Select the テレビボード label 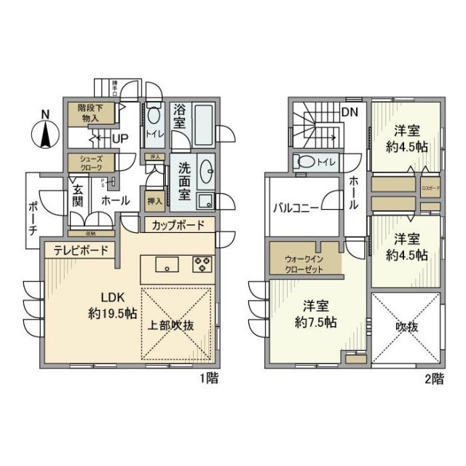tap(81, 251)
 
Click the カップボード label tap(178, 226)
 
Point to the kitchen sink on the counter tap(167, 264)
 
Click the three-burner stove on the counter tap(202, 264)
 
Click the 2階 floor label tap(435, 379)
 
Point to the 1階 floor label tap(208, 379)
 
